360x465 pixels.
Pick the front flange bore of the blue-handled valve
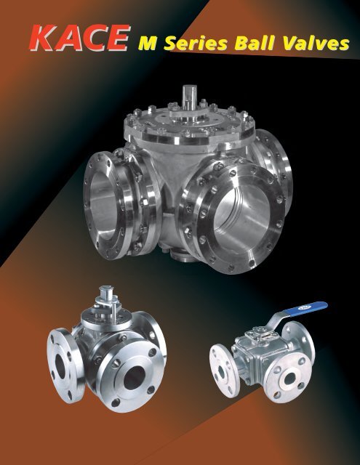291,379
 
